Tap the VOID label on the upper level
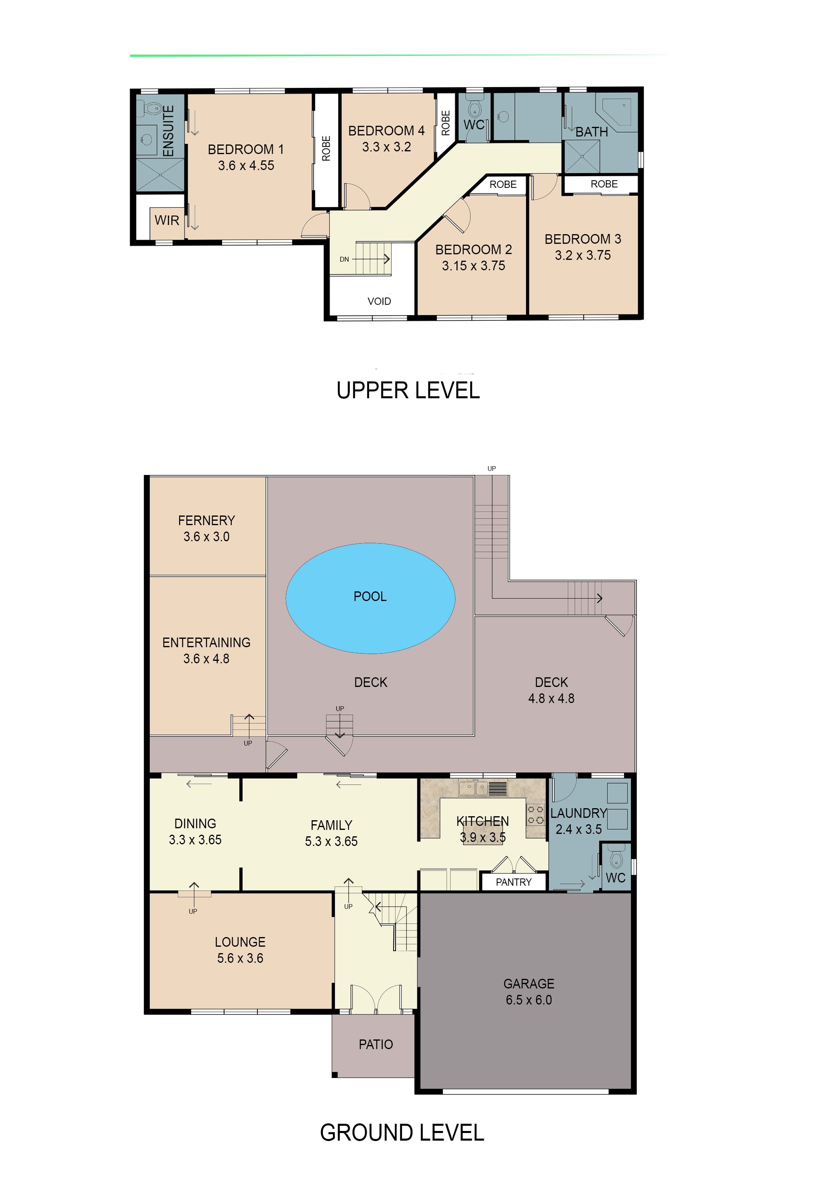(x=379, y=301)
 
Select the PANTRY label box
(x=513, y=882)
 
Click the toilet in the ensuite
(x=152, y=108)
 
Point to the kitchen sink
(x=474, y=788)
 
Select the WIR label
(x=167, y=221)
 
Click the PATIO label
(x=375, y=1044)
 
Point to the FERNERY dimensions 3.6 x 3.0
(x=206, y=537)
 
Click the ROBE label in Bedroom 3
(x=604, y=184)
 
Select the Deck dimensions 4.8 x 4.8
(x=551, y=699)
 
